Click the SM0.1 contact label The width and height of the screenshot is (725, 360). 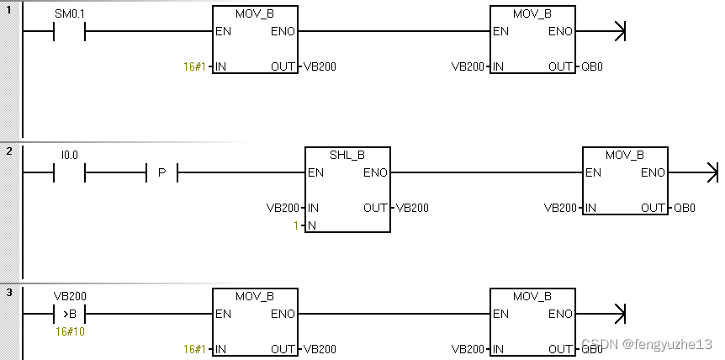point(70,14)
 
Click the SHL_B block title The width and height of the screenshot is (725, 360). point(347,156)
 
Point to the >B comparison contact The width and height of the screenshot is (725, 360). point(70,315)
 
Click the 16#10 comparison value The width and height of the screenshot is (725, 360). point(70,331)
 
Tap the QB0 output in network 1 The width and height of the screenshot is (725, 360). point(592,66)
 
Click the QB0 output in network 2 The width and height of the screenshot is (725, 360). point(685,208)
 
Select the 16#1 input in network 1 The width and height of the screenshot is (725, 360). point(194,66)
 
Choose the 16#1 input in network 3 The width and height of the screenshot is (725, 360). point(194,349)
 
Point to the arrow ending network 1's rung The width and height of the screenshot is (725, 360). point(619,32)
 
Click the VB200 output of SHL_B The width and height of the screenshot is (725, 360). point(412,208)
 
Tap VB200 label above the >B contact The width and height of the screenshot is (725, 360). point(70,297)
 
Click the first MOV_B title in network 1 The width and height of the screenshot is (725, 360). point(255,14)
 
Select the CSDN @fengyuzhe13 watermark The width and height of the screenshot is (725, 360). point(647,345)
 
